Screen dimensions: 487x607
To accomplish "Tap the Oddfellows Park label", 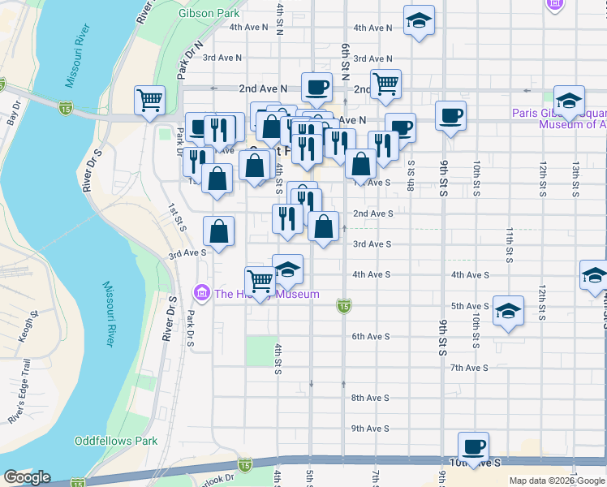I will pos(114,441).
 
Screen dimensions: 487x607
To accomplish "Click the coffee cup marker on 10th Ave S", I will pos(473,446).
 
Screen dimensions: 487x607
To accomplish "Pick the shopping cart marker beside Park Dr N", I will pos(150,100).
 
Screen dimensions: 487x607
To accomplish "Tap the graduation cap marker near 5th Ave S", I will pos(508,311).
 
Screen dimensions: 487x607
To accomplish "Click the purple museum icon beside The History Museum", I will pos(201,293).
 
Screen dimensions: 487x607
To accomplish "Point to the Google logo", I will pos(27,477).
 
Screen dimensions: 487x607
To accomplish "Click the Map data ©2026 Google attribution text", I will pos(557,481).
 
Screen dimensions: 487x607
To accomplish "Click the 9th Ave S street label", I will pos(370,429).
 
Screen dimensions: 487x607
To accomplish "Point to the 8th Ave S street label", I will pos(370,398).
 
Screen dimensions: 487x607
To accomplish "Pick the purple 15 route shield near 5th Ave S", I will pos(344,306).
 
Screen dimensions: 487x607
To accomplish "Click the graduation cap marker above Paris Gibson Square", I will pos(570,100).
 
